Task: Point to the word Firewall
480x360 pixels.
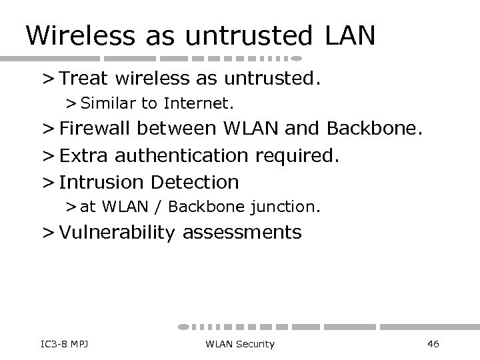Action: coord(100,129)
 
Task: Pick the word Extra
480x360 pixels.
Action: coord(84,155)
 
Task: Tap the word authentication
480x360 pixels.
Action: coord(182,155)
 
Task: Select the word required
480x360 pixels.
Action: coord(298,155)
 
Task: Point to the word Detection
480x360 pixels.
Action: coord(195,181)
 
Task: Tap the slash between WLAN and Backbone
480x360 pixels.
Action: coord(160,207)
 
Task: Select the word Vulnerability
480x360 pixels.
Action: coord(117,232)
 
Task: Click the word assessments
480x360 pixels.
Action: coord(242,232)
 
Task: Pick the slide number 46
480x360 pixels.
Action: coord(433,343)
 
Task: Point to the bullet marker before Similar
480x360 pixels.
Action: coord(71,104)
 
